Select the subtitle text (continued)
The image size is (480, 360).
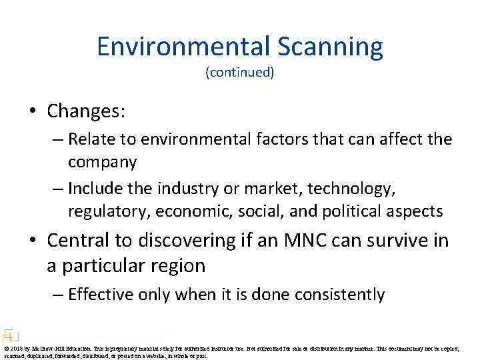tap(239, 73)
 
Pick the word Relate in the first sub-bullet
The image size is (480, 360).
tap(91, 139)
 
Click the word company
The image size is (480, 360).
tap(102, 162)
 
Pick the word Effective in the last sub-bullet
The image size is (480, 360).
tap(103, 294)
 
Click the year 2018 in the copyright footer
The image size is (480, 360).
tap(15, 348)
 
